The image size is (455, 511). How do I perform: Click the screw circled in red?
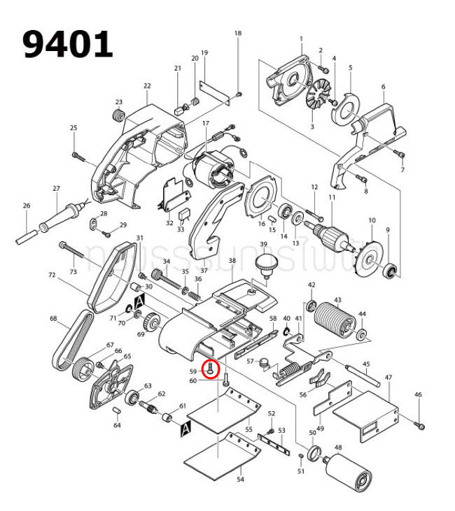(211, 368)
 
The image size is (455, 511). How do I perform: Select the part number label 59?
(192, 371)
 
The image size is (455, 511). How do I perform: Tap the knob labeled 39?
(265, 264)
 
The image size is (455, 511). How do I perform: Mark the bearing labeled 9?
(392, 270)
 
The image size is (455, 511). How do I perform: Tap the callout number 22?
(147, 86)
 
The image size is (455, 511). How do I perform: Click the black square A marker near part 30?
(139, 300)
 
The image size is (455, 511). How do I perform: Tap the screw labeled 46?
(421, 424)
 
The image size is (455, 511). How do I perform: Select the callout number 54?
(240, 480)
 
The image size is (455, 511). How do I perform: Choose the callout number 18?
(237, 34)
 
